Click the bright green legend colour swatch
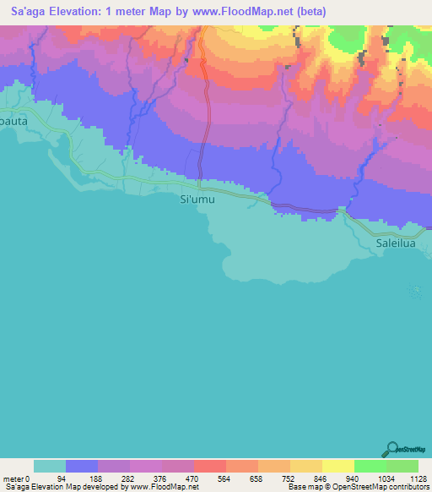370,466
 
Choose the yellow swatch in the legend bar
337,466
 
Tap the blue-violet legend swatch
82,466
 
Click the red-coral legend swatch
209,466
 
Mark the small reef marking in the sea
413,292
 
